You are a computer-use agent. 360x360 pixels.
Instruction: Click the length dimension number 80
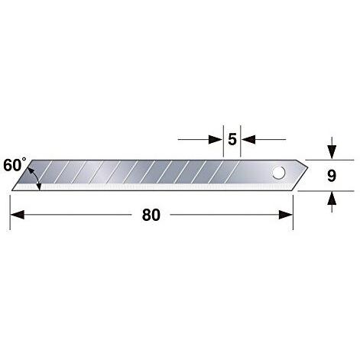click(x=151, y=215)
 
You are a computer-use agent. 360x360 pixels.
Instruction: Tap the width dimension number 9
click(x=331, y=176)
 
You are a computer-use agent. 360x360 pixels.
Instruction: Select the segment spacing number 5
click(x=232, y=139)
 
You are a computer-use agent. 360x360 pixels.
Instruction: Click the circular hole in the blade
click(x=278, y=173)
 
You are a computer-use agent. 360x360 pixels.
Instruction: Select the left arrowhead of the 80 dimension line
click(x=16, y=215)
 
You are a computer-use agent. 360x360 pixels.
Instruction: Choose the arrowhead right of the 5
click(x=247, y=139)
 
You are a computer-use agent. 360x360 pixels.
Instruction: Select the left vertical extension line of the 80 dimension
click(x=10, y=210)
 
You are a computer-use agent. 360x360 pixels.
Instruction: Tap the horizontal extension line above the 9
click(x=317, y=159)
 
